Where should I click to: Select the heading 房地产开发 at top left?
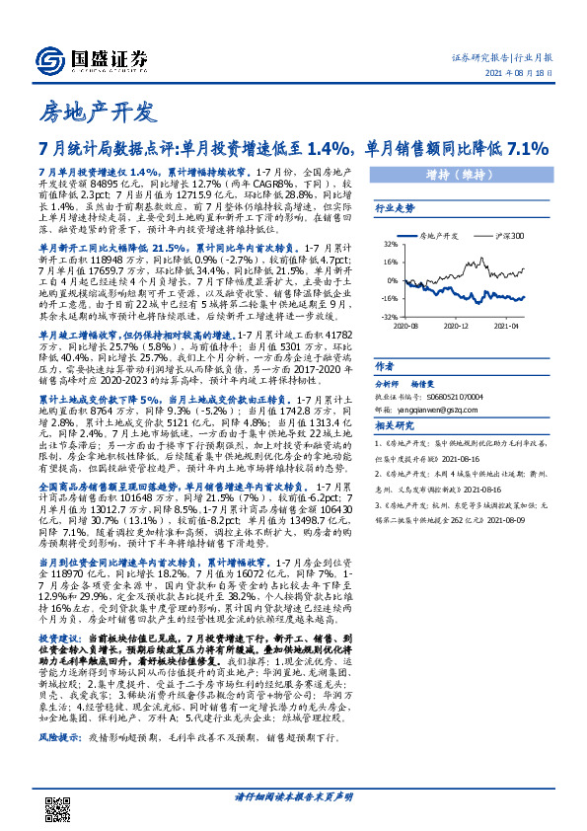(90, 110)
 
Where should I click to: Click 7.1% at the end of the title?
(524, 149)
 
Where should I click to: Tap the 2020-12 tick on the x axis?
(455, 324)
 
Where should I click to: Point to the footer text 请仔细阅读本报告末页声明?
(293, 820)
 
